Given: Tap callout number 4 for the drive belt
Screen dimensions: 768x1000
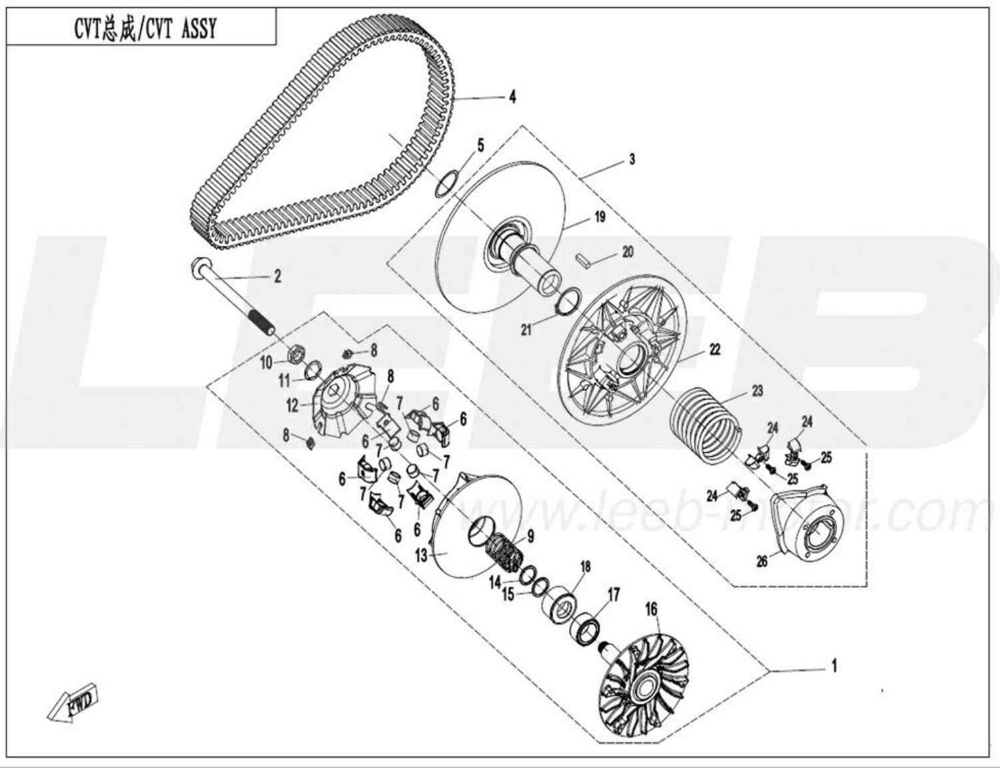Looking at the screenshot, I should point(512,97).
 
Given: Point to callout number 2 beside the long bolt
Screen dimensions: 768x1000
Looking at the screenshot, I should point(278,276).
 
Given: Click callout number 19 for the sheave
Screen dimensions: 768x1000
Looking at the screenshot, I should point(600,216).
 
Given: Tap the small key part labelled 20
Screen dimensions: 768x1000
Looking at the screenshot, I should point(584,258).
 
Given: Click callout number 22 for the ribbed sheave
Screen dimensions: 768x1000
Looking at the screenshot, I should point(714,349).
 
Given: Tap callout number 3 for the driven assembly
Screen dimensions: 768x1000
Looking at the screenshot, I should point(632,159).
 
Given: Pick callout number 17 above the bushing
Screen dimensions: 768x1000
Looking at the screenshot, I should point(613,594).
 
